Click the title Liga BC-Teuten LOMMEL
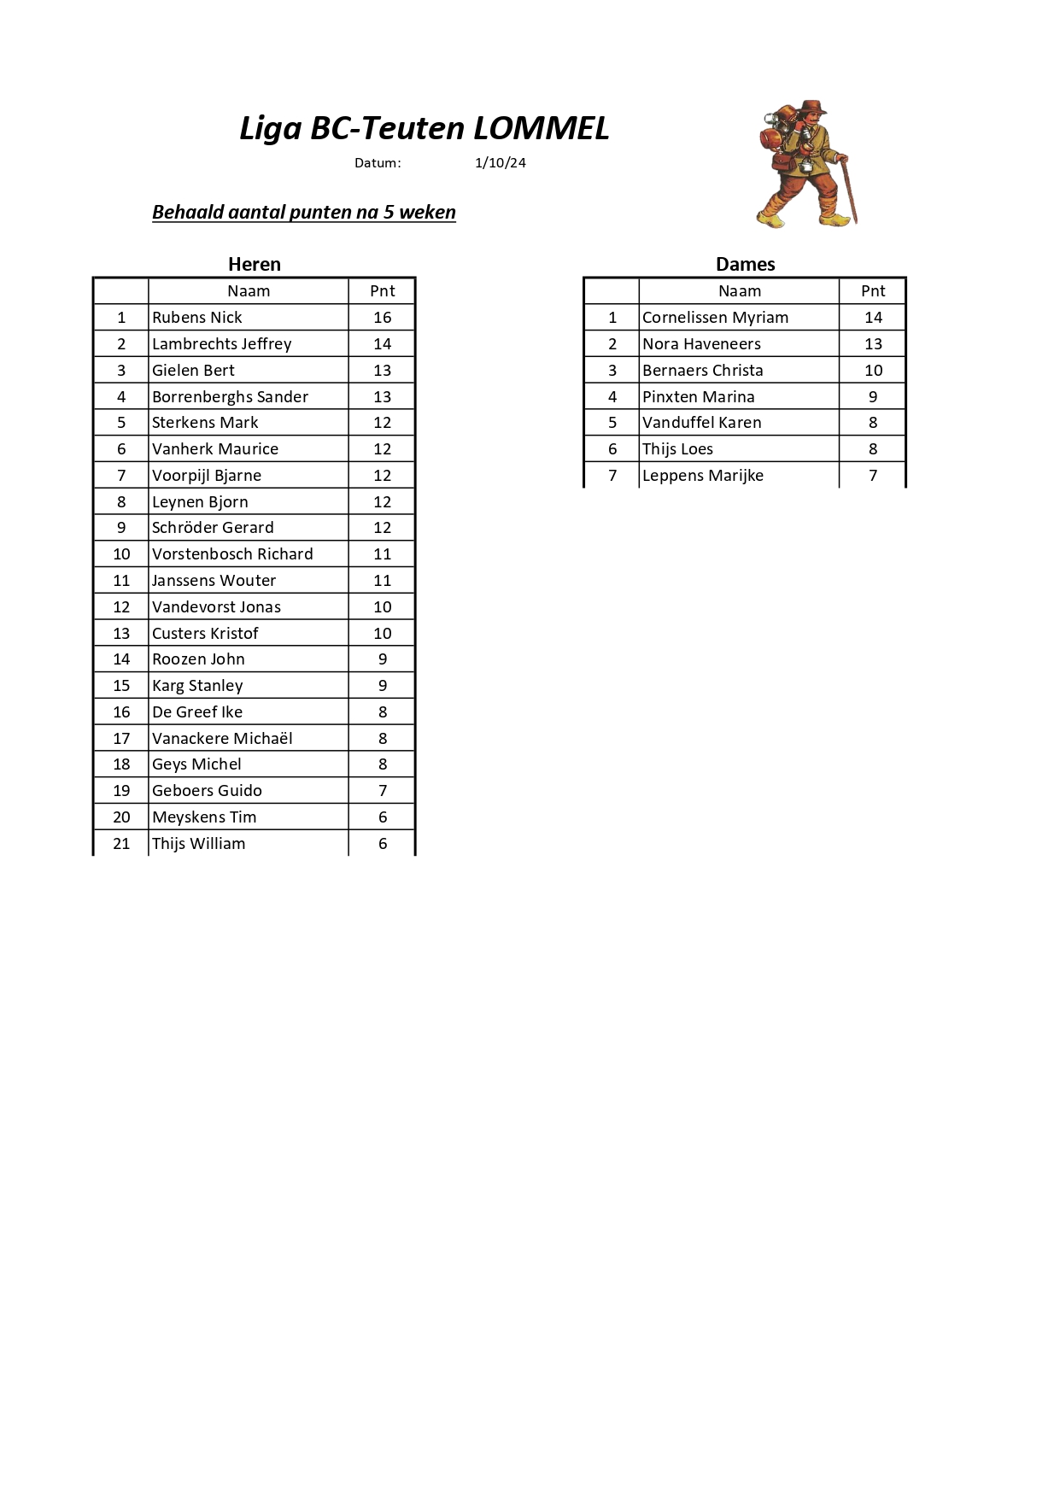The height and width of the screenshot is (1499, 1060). pyautogui.click(x=424, y=128)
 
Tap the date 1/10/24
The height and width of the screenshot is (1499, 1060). pyautogui.click(x=500, y=163)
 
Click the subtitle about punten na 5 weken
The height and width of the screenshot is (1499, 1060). pyautogui.click(x=303, y=213)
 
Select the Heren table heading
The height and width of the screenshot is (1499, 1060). pyautogui.click(x=254, y=264)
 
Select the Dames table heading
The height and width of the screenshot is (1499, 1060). pyautogui.click(x=745, y=264)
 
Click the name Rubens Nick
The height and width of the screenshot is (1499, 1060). pyautogui.click(x=197, y=318)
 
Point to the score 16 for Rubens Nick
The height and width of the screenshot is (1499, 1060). pyautogui.click(x=382, y=318)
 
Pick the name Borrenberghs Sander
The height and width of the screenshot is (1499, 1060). pyautogui.click(x=230, y=397)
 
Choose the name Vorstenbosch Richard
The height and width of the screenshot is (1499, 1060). pyautogui.click(x=232, y=554)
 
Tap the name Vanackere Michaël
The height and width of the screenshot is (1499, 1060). pyautogui.click(x=222, y=739)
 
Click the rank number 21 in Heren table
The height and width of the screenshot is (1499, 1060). pyautogui.click(x=121, y=844)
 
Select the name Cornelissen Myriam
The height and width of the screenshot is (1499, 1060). pyautogui.click(x=715, y=318)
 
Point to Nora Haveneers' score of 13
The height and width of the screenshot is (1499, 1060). pyautogui.click(x=873, y=344)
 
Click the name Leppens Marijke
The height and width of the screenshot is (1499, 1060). pyautogui.click(x=702, y=476)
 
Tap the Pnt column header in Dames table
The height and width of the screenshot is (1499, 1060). pyautogui.click(x=873, y=291)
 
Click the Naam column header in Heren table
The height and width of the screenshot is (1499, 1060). pyautogui.click(x=249, y=291)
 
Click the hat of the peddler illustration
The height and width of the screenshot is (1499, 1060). pyautogui.click(x=812, y=108)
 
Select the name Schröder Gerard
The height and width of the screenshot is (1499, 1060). pyautogui.click(x=213, y=528)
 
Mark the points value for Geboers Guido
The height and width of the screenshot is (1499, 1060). pyautogui.click(x=382, y=791)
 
